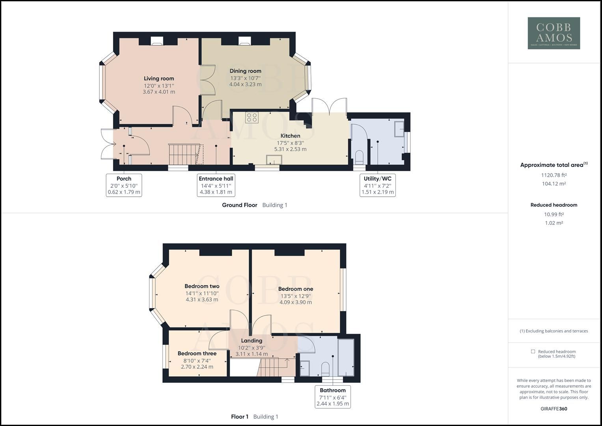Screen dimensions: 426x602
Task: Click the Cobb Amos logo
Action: tap(554, 33)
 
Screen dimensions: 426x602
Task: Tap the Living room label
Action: tap(158, 78)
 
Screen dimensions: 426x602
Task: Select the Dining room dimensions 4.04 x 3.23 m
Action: tap(245, 84)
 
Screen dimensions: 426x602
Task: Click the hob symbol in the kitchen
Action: tap(252, 117)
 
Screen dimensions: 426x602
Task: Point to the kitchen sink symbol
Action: tap(274, 160)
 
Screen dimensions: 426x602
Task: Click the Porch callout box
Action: tap(124, 185)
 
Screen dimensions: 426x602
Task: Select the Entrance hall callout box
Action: tap(216, 185)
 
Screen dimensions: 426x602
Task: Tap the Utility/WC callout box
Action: tap(377, 185)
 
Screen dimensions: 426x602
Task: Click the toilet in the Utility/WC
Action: tap(359, 157)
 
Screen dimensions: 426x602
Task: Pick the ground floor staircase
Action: tap(183, 154)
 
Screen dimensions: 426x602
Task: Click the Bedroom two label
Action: tap(202, 286)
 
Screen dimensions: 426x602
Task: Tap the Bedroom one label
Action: tap(295, 289)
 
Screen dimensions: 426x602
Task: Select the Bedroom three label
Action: tap(197, 353)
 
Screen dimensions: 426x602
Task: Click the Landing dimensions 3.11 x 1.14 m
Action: tap(252, 354)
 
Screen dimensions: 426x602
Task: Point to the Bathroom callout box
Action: tap(333, 397)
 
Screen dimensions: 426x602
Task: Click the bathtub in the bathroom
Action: tap(346, 357)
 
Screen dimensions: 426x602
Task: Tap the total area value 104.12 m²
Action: tap(554, 184)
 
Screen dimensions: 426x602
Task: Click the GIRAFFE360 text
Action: tap(554, 409)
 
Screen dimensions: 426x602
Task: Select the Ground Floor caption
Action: tap(239, 205)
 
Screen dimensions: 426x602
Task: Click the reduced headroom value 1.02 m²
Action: tap(554, 223)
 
